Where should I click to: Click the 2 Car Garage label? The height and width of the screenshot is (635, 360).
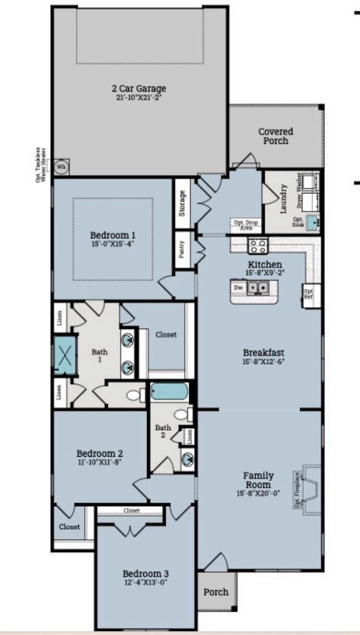139,89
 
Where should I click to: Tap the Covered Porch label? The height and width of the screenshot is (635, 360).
276,136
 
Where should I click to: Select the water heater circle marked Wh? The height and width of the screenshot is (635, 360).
61,167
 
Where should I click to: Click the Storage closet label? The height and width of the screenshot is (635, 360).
182,203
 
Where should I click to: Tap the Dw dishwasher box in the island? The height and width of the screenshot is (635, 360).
239,287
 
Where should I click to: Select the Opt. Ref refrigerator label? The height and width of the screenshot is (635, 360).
309,294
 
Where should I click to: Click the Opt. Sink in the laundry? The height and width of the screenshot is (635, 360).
312,222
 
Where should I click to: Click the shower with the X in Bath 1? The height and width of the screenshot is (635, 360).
66,355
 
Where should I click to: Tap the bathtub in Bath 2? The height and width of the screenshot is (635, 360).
169,391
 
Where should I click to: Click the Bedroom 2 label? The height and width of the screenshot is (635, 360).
100,453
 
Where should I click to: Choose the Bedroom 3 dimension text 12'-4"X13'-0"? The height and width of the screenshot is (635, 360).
145,582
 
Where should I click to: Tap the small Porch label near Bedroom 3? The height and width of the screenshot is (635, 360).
216,592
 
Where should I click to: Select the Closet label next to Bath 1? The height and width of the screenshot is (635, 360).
166,335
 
